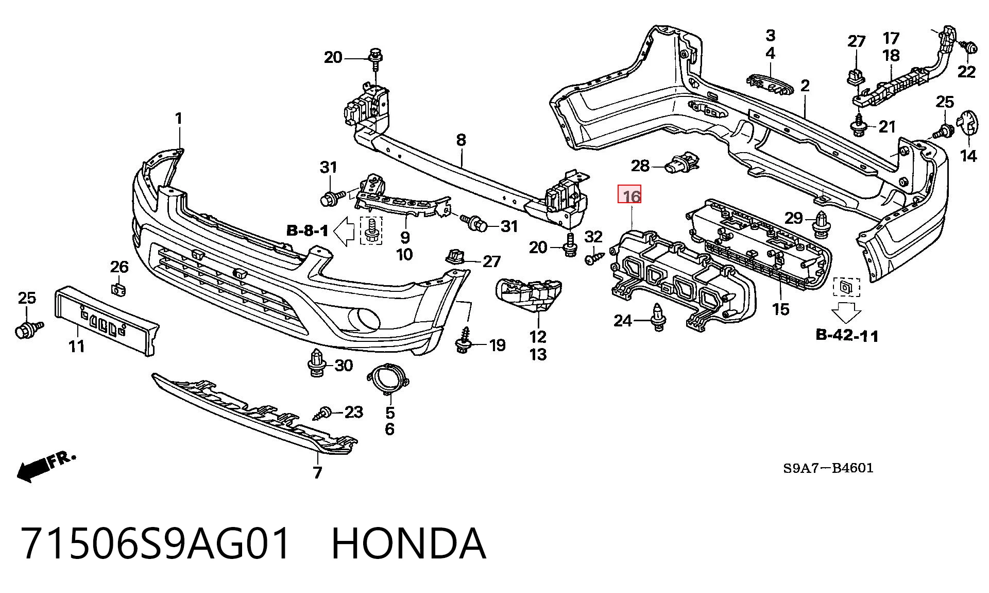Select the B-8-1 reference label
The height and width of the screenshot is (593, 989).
coord(307,230)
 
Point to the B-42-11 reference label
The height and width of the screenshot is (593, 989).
coord(847,335)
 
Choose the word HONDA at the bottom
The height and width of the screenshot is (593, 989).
coord(408,543)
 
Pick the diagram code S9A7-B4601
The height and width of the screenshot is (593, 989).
coord(828,468)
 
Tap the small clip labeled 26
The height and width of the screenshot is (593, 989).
coord(119,289)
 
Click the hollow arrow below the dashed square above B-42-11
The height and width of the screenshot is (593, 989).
coord(847,312)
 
